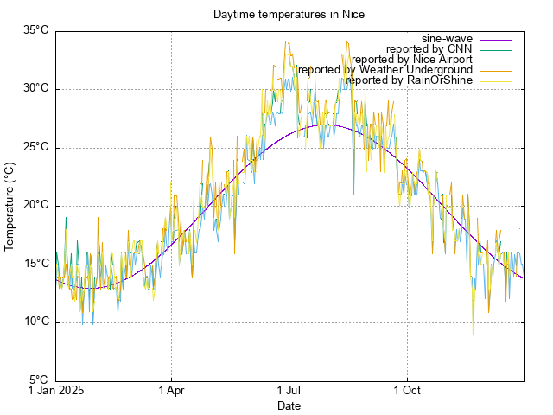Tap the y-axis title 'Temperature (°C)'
[10, 206]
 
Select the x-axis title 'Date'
[289, 405]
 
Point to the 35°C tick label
[35, 30]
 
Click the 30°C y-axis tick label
[35, 88]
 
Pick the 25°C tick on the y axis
[35, 147]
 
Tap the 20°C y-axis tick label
[35, 205]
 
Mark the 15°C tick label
[35, 264]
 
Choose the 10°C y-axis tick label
[35, 322]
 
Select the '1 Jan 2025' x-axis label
[56, 391]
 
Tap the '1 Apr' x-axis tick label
[171, 391]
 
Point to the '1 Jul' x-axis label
[289, 391]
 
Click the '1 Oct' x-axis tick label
[406, 391]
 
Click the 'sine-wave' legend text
[447, 39]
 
